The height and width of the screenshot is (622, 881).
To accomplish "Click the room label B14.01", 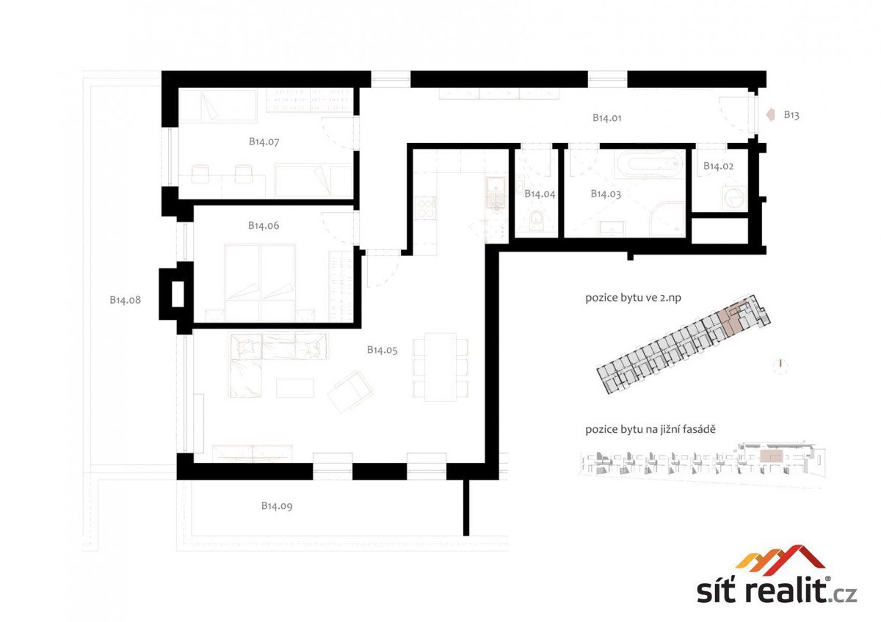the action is point(607,117).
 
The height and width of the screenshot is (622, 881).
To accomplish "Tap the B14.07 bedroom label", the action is point(264,142).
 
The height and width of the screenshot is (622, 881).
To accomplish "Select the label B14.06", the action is point(264,225).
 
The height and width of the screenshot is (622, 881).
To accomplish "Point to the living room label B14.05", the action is point(382,350).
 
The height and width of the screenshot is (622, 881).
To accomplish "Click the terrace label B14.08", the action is point(125,300).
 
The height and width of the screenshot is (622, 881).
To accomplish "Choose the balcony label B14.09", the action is point(277,505).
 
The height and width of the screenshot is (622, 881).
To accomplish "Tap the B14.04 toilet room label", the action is point(540,194).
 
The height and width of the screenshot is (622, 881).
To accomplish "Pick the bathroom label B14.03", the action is point(606,194).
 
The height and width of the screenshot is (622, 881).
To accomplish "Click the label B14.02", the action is point(718,166).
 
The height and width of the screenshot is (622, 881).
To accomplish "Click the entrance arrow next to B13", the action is point(769,114).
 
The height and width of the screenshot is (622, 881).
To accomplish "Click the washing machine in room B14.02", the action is point(734,197).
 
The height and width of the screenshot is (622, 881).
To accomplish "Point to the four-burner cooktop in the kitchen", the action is point(425,208).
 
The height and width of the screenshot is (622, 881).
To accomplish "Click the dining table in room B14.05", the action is point(440,367).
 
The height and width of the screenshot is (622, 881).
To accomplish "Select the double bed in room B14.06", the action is point(259,282).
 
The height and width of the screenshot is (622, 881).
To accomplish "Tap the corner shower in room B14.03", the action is point(667,219).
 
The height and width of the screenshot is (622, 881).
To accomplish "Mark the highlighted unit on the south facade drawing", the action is point(772,456).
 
